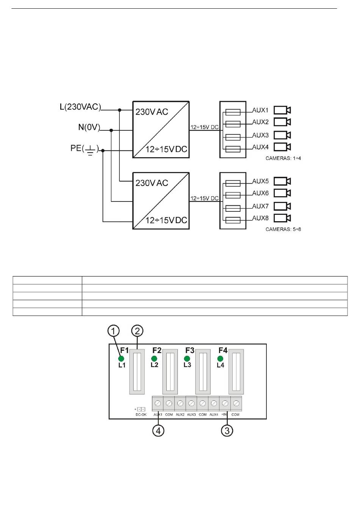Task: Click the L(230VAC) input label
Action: (x=80, y=107)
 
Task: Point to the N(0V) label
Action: (x=89, y=127)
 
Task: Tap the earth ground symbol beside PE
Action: (x=90, y=150)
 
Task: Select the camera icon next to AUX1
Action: (x=282, y=110)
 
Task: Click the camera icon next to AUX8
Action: (x=282, y=218)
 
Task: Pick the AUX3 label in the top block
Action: (x=260, y=135)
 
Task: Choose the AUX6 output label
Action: (x=260, y=193)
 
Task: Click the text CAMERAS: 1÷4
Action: (x=283, y=158)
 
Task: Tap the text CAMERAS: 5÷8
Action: (x=283, y=229)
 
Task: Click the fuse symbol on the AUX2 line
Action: (x=233, y=124)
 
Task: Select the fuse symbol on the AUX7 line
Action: (x=233, y=208)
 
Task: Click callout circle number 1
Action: (x=113, y=331)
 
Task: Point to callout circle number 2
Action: (x=137, y=331)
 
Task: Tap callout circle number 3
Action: (x=227, y=431)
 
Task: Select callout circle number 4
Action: (x=158, y=431)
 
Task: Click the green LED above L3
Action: (x=187, y=359)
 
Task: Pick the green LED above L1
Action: (x=121, y=359)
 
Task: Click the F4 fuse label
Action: (x=223, y=350)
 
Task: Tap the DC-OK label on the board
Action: (x=141, y=415)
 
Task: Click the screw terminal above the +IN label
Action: (x=225, y=403)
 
